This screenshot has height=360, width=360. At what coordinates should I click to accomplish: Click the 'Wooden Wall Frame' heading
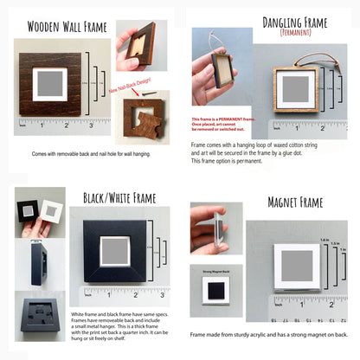pyautogui.click(x=67, y=27)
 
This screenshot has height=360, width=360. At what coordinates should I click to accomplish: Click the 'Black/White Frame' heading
pyautogui.click(x=119, y=198)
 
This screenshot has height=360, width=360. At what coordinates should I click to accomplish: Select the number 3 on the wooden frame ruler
pyautogui.click(x=92, y=126)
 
